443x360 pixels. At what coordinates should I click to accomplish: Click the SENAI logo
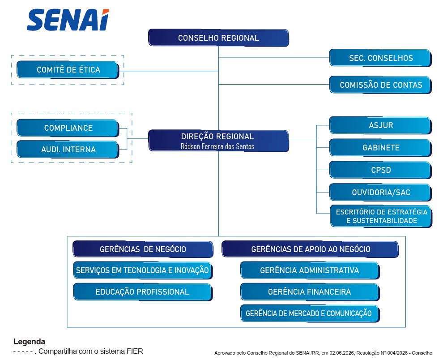tap(68, 20)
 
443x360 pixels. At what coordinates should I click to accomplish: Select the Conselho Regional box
tap(218, 38)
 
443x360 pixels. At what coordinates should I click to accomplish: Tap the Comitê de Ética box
tap(68, 69)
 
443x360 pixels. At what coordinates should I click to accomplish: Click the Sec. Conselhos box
tap(380, 58)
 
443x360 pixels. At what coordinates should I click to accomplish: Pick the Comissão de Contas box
tap(380, 85)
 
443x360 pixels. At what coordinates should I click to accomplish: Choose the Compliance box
tap(68, 128)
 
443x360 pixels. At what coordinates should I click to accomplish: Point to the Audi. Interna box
tap(68, 149)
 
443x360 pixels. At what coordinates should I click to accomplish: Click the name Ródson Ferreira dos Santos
tap(217, 146)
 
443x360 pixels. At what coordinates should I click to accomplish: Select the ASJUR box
tap(380, 125)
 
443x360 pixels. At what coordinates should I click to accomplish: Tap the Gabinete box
tap(380, 147)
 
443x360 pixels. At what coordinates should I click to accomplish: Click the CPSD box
tap(380, 170)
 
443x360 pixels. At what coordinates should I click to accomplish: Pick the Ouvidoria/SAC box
tap(380, 192)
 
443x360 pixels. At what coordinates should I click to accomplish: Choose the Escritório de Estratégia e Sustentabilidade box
tap(381, 216)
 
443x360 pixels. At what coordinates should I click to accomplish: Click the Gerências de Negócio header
tap(143, 249)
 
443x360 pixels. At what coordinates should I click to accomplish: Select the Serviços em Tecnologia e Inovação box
tap(143, 270)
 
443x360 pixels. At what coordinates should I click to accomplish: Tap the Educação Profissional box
tap(143, 292)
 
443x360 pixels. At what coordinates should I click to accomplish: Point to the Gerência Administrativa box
tap(310, 270)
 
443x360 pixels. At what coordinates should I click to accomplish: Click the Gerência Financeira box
tap(310, 292)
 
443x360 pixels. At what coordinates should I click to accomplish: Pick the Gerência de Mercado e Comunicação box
tap(310, 313)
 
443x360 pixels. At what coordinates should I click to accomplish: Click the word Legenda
tap(29, 342)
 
